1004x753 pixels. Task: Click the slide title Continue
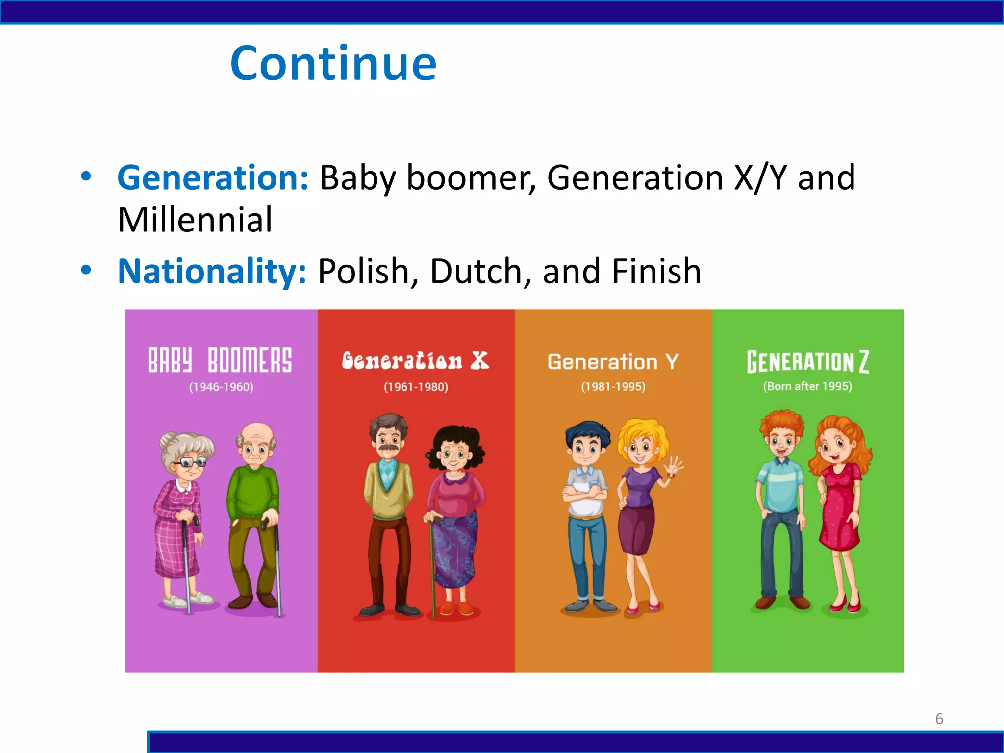333,64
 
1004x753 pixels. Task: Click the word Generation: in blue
213,177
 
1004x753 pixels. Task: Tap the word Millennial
195,220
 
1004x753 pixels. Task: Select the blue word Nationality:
212,271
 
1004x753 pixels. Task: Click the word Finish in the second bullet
656,271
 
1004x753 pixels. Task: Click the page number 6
939,719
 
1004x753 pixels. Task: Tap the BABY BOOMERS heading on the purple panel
220,360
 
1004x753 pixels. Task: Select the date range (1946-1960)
221,387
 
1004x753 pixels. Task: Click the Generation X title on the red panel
415,361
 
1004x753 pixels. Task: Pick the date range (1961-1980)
416,387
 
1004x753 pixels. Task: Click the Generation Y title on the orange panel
613,362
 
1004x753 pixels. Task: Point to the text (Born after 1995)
807,386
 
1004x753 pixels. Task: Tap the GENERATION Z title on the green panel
807,362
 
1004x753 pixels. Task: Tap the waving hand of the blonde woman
674,466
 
